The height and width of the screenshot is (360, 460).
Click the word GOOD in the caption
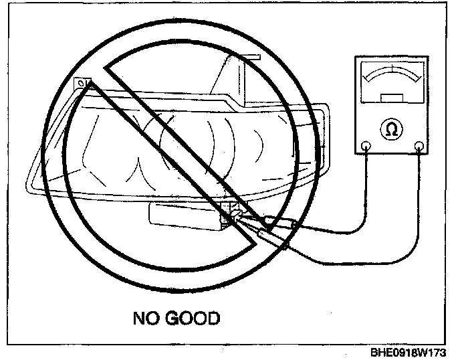[193, 319]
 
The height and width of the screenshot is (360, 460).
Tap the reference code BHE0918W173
[408, 353]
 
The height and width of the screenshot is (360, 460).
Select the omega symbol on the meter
[391, 129]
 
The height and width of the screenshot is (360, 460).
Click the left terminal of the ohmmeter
[366, 146]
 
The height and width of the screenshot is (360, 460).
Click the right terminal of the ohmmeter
[419, 146]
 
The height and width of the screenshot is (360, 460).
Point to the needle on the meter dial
[392, 69]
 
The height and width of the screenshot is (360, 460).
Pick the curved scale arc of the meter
[392, 72]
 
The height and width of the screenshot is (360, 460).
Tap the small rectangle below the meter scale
[392, 98]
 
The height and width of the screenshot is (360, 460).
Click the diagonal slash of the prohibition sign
[180, 155]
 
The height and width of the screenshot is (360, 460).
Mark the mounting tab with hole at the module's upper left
[82, 83]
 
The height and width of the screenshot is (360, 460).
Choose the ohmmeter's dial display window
[392, 82]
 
